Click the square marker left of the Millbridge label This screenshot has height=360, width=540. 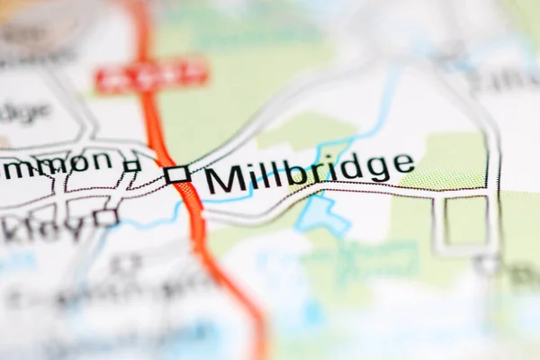pos(177,174)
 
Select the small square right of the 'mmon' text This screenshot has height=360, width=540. pos(132,165)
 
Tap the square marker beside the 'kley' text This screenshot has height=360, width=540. pos(106,217)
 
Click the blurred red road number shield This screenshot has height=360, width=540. pos(152,76)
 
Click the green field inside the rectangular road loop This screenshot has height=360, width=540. pos(466,220)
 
